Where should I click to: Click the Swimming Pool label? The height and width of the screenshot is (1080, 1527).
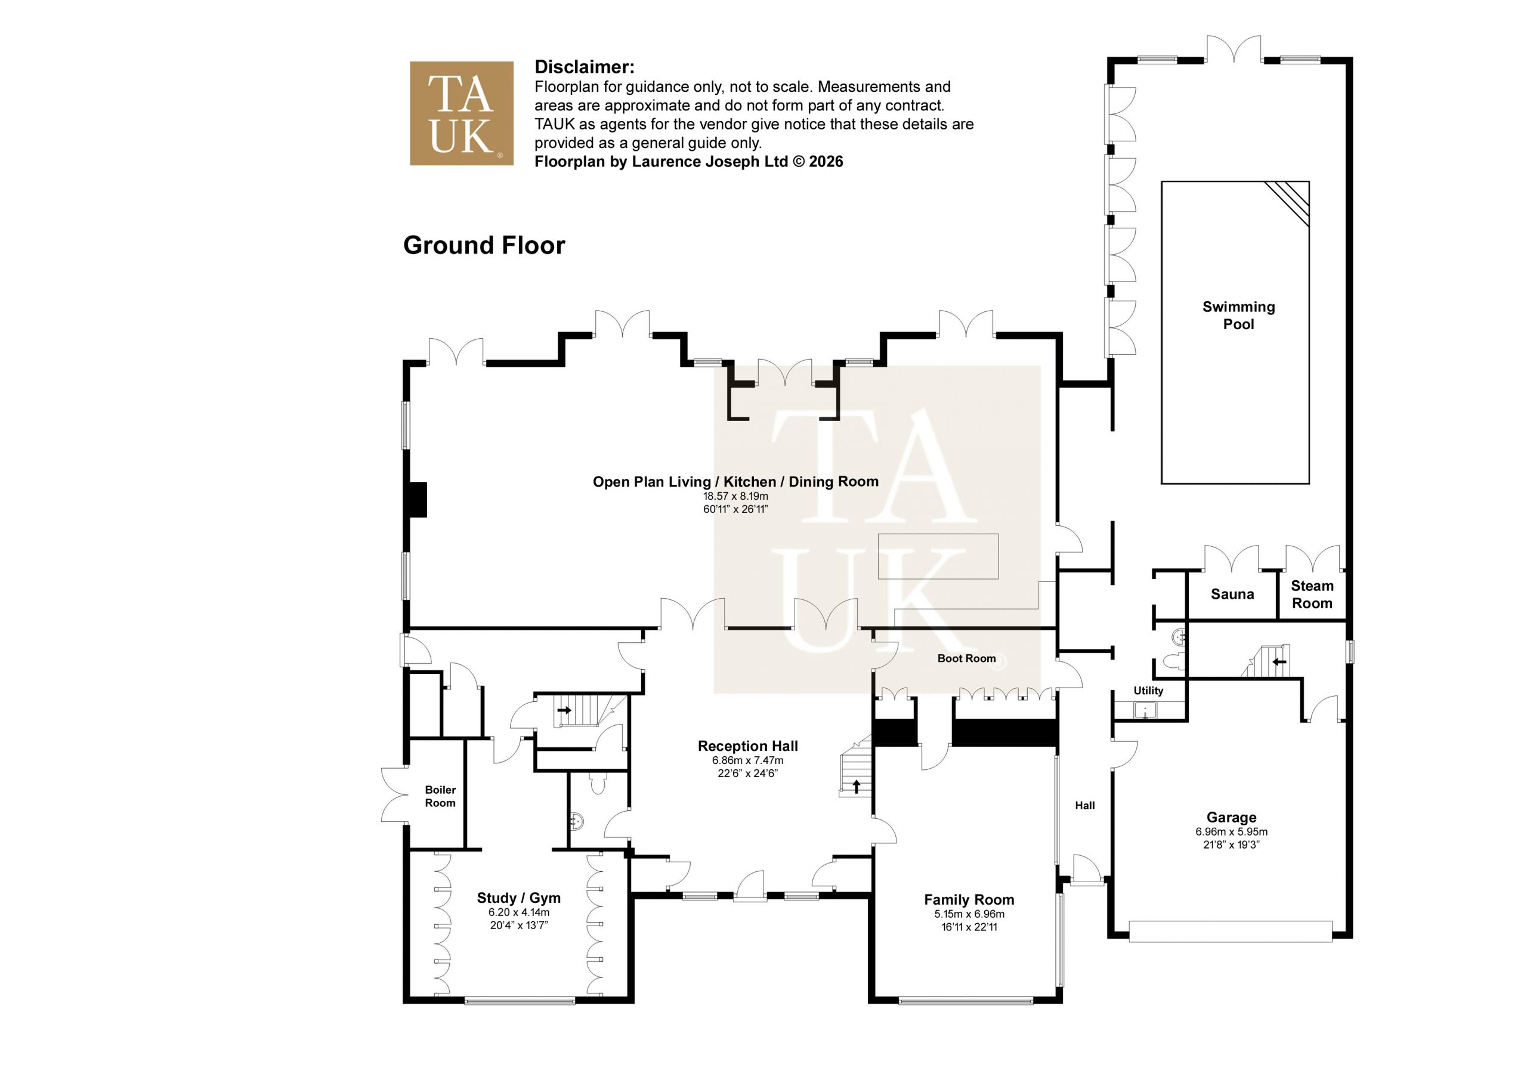1238,315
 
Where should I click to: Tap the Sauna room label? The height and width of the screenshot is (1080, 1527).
1232,594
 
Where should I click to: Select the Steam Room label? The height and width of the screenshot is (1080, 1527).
1312,595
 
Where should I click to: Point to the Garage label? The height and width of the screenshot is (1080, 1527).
1231,818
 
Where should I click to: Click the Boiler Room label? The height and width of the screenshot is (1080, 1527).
440,796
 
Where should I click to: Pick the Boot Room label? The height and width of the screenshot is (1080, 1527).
966,658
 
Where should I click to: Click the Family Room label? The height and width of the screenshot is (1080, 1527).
969,900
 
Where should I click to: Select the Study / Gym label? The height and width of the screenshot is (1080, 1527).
519,898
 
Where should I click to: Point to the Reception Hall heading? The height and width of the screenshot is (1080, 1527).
747,746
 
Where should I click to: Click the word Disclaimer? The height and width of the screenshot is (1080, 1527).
584,67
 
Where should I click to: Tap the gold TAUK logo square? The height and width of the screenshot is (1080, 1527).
462,113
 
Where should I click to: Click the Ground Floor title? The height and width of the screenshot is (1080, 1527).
484,245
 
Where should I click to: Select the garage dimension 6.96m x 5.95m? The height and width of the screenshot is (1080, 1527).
1232,832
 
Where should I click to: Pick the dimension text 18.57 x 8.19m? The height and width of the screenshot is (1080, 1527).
735,496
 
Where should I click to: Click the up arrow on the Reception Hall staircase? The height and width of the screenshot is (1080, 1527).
856,787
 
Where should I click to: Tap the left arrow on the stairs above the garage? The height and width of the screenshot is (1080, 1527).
1279,662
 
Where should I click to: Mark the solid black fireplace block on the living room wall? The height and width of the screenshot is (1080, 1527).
418,499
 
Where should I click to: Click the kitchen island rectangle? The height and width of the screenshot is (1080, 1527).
938,556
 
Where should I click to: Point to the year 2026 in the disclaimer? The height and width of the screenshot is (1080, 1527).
826,162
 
